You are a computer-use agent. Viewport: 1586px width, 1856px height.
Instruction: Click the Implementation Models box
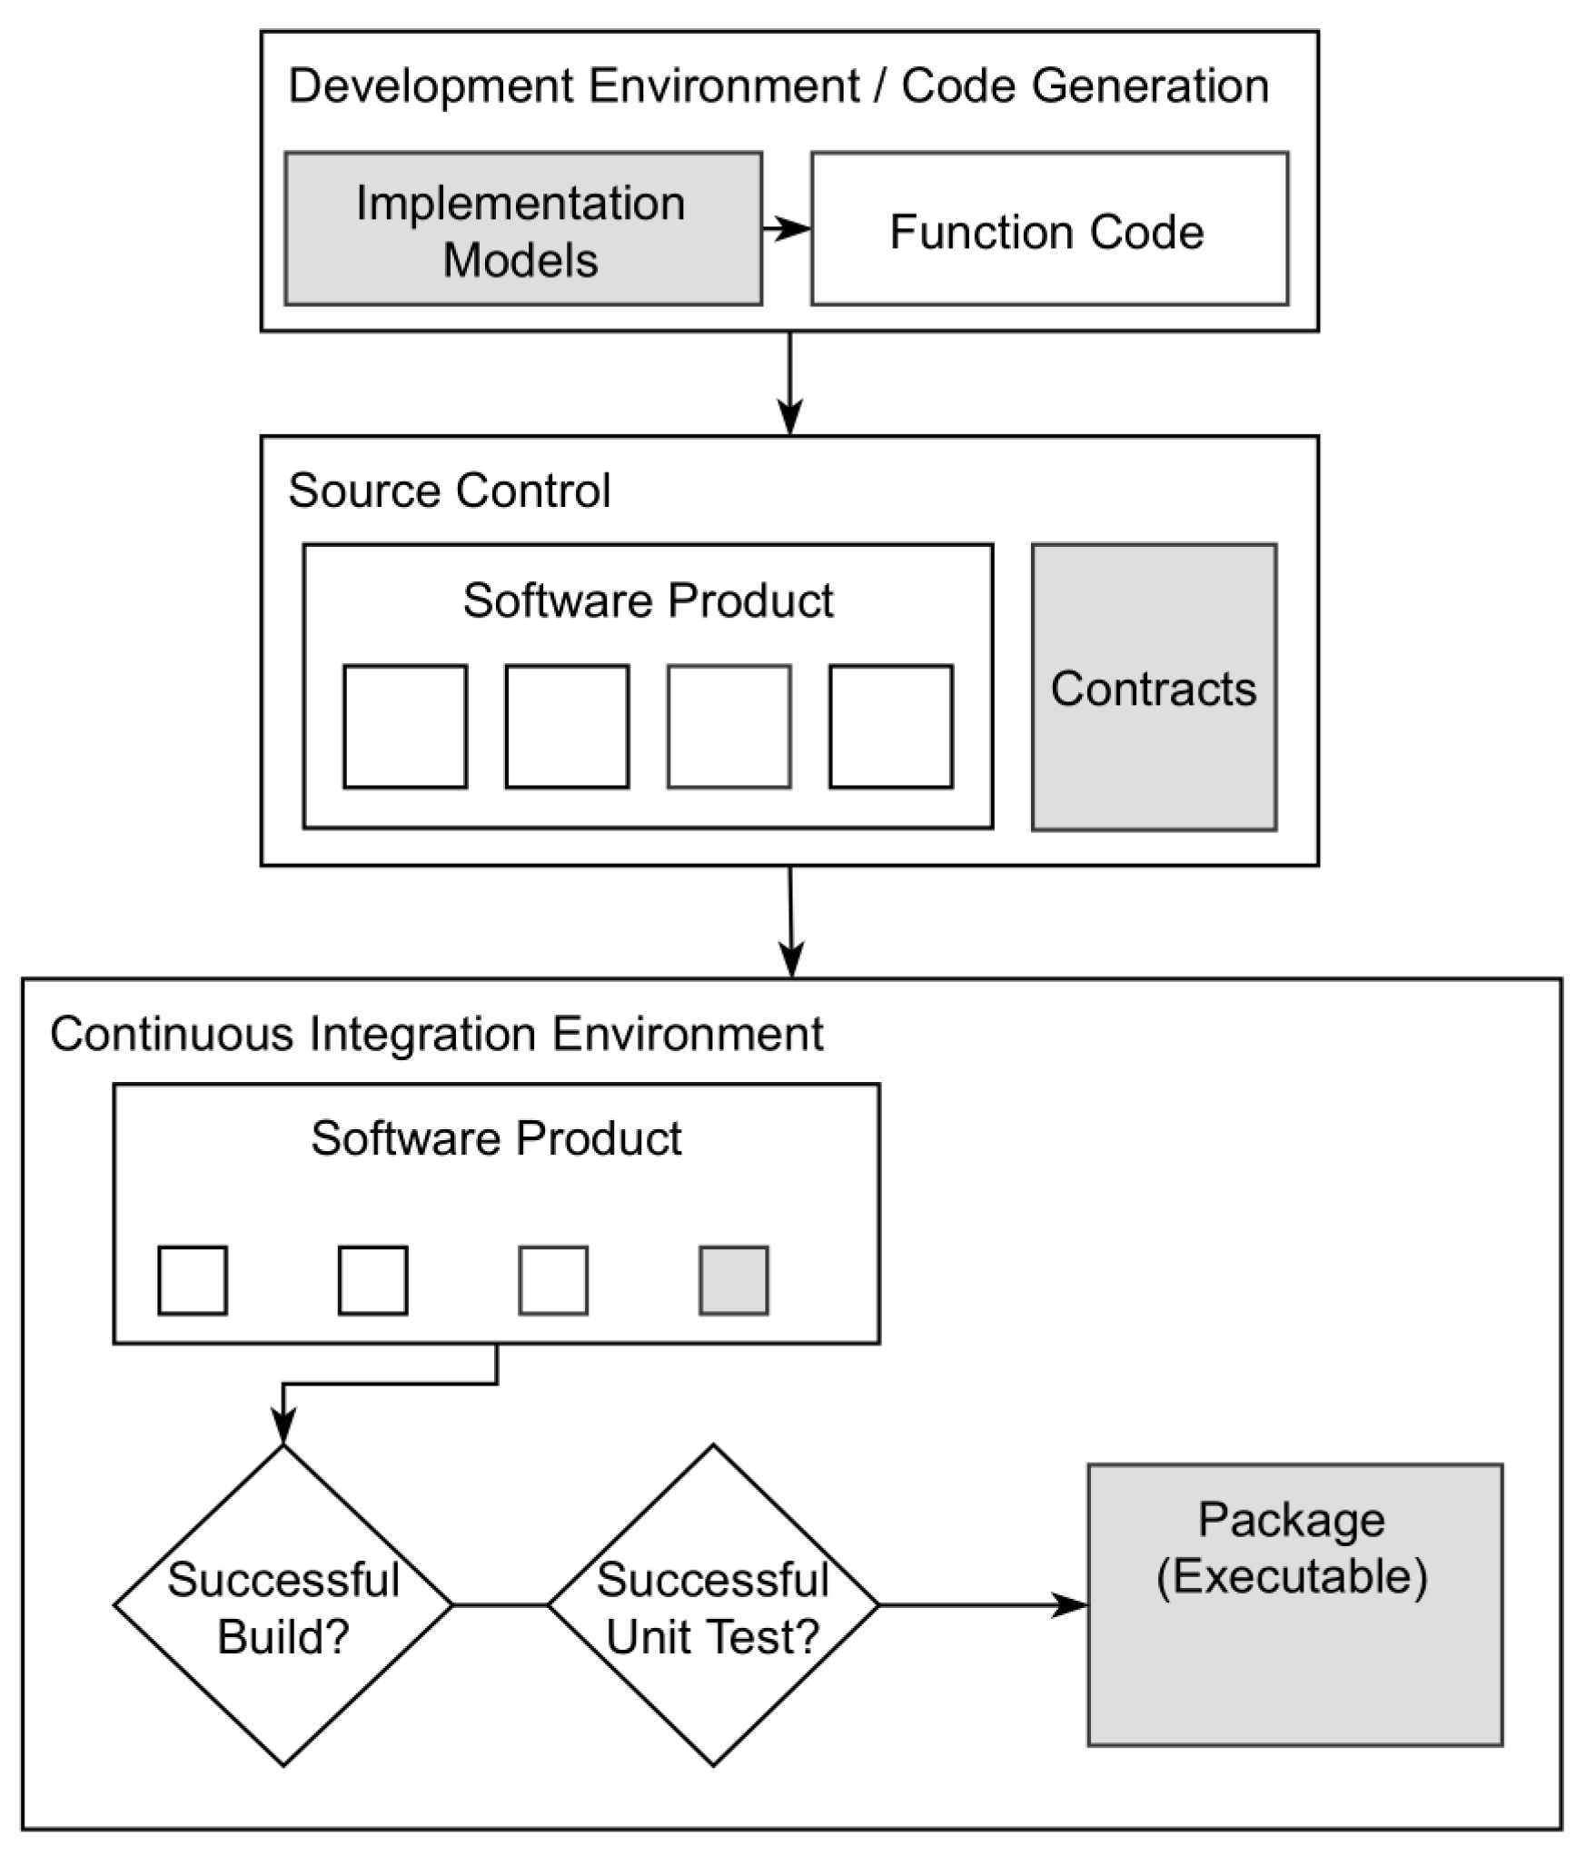click(x=522, y=229)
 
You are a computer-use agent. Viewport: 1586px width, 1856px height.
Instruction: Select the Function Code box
click(x=1048, y=229)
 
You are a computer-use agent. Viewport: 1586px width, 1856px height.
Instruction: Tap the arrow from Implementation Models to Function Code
click(x=786, y=229)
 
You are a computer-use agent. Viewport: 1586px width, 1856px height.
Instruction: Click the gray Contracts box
click(x=1153, y=688)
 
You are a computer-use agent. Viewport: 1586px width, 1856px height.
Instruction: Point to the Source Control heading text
click(x=449, y=491)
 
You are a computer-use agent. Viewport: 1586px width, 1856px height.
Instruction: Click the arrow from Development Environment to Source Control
click(x=790, y=382)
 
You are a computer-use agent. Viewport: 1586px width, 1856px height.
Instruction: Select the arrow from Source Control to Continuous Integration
click(x=791, y=919)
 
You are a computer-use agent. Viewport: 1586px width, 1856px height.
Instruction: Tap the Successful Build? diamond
click(x=283, y=1605)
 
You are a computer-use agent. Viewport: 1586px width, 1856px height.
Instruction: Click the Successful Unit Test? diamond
click(x=713, y=1605)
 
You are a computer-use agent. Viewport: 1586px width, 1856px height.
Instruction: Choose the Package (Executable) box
click(x=1294, y=1606)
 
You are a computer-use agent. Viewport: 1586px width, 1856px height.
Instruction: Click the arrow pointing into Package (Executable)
click(x=981, y=1605)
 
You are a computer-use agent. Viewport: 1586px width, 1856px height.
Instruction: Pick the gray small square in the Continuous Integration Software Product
click(x=733, y=1280)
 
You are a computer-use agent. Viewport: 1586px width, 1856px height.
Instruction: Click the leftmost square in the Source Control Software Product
click(x=405, y=727)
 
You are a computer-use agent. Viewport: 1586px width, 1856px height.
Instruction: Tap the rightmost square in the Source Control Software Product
click(x=890, y=727)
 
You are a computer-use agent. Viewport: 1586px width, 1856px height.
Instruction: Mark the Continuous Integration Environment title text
click(x=436, y=1034)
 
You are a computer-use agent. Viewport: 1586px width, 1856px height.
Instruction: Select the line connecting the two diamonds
click(x=500, y=1605)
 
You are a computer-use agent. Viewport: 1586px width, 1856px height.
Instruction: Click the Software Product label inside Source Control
click(x=648, y=600)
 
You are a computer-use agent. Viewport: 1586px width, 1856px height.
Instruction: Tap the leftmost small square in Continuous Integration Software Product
click(x=193, y=1280)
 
